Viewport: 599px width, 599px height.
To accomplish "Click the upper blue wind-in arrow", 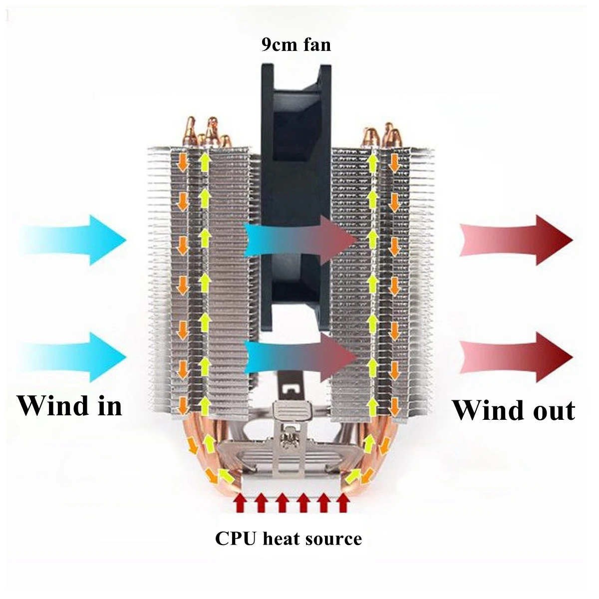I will coord(75,240).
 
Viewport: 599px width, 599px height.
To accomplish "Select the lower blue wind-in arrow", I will coord(75,357).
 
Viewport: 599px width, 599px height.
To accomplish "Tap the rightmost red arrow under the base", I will coord(342,503).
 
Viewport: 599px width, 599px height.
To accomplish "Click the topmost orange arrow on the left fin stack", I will coord(183,161).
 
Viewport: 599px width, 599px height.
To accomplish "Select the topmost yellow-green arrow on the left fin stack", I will coord(204,163).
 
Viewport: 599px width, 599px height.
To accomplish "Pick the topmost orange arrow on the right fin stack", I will coord(394,162).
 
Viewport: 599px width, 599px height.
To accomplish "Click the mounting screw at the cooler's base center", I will coord(289,439).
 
